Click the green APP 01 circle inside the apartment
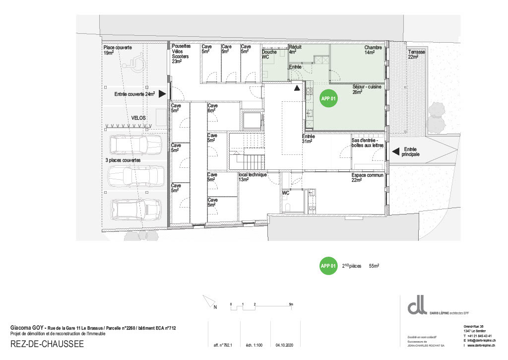(328, 99)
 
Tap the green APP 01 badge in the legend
(328, 266)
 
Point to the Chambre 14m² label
(373, 50)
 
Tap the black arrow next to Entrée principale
(396, 151)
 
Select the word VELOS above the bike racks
(138, 118)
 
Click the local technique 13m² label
(253, 177)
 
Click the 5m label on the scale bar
(291, 303)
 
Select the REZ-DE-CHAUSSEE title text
(47, 344)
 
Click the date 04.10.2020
(284, 345)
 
